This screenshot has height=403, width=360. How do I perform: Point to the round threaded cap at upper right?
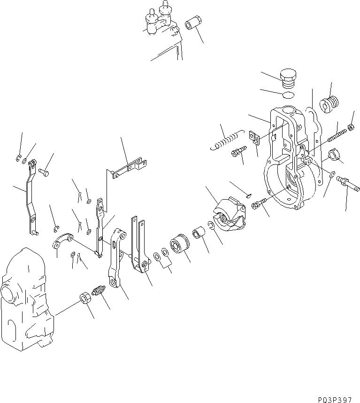click(x=329, y=104)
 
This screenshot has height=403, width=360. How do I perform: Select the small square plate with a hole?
click(x=254, y=137)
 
